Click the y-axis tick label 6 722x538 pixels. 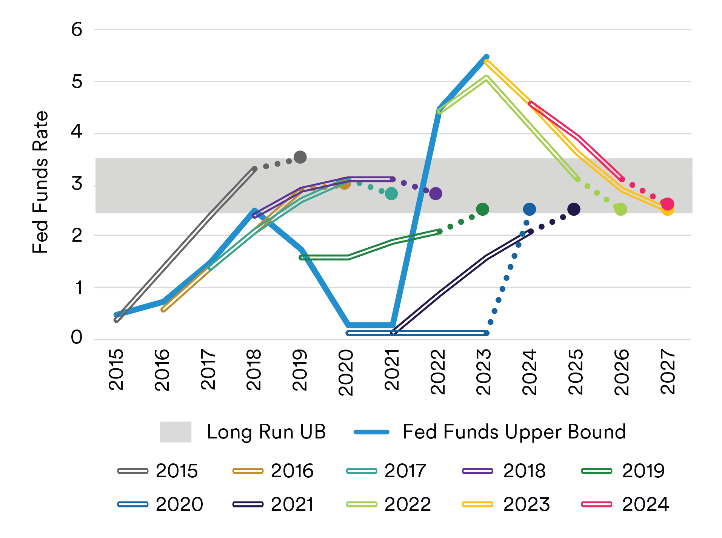[77, 29]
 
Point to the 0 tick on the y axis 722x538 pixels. [77, 337]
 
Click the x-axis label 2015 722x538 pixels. [116, 369]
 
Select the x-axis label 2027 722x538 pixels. [668, 371]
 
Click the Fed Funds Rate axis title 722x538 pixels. [40, 182]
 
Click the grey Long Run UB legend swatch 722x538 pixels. [175, 432]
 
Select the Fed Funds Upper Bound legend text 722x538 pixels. [514, 432]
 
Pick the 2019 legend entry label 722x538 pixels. [643, 471]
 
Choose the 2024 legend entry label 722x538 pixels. [645, 504]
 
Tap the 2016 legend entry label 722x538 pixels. [292, 471]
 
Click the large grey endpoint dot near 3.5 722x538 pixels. [300, 157]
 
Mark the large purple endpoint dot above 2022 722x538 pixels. [436, 193]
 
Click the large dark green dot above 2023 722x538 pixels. [483, 209]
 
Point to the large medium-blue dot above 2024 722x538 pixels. [530, 209]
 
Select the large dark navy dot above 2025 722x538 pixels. [574, 209]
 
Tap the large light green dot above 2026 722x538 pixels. [621, 209]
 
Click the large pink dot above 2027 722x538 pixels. [668, 204]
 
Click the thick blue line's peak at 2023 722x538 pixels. [486, 57]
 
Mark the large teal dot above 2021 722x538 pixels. [391, 193]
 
